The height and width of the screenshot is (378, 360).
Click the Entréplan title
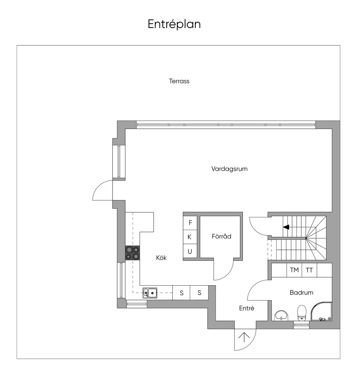pyautogui.click(x=174, y=24)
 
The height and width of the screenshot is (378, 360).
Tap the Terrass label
pyautogui.click(x=179, y=81)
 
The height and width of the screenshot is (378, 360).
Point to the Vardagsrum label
pyautogui.click(x=229, y=169)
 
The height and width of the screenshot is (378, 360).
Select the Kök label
pyautogui.click(x=161, y=258)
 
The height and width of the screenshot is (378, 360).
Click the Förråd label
pyautogui.click(x=221, y=236)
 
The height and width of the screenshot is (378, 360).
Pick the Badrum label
pyautogui.click(x=301, y=292)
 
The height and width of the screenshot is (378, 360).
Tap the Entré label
pyautogui.click(x=246, y=308)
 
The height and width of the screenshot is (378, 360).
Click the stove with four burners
pyautogui.click(x=133, y=253)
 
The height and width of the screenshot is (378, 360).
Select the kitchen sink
pyautogui.click(x=150, y=293)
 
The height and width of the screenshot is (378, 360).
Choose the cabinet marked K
pyautogui.click(x=190, y=237)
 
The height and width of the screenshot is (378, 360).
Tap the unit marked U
pyautogui.click(x=190, y=251)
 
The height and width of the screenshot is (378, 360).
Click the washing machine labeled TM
pyautogui.click(x=294, y=270)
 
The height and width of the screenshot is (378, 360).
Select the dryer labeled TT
pyautogui.click(x=309, y=270)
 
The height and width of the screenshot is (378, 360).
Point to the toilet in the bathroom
pyautogui.click(x=302, y=313)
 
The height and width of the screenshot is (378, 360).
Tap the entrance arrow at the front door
pyautogui.click(x=244, y=337)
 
